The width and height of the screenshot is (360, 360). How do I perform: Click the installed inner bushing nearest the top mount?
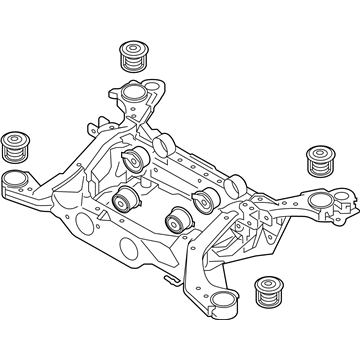pos(132,161)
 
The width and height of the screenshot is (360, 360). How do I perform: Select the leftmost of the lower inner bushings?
pos(125,197)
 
